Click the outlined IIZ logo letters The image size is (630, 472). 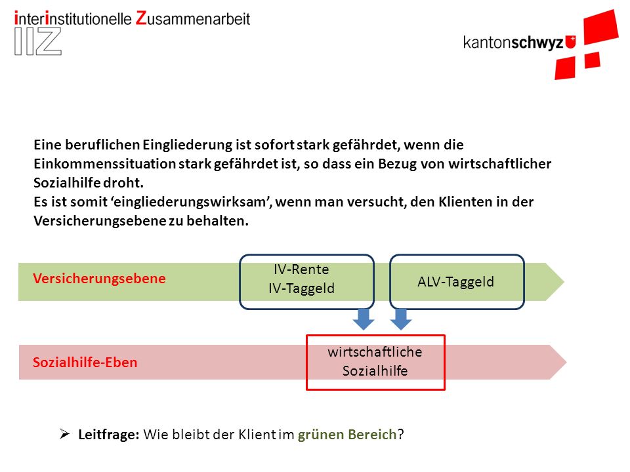(x=38, y=41)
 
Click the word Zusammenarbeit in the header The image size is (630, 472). (x=193, y=18)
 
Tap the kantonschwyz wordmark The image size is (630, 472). (x=513, y=42)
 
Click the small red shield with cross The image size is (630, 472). (x=570, y=42)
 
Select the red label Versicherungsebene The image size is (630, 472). (x=99, y=279)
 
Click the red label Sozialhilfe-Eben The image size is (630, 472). (x=85, y=363)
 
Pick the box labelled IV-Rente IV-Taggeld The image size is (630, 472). (x=307, y=282)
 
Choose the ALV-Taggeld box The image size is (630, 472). (x=457, y=282)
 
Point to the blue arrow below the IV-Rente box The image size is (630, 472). (x=364, y=319)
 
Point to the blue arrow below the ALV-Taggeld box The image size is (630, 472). (x=400, y=319)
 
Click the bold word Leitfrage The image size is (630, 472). (x=109, y=435)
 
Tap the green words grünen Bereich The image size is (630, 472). (x=347, y=435)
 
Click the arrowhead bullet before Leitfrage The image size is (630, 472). (x=65, y=434)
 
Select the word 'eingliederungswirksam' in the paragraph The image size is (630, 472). (x=191, y=202)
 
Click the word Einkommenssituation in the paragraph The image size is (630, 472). (x=105, y=164)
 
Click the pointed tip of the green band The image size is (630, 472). (x=564, y=282)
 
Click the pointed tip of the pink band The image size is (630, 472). (x=566, y=363)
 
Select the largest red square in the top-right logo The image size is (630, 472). (x=601, y=27)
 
